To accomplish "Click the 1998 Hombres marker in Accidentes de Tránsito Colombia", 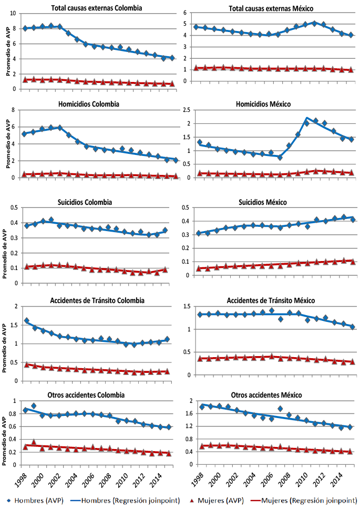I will pyautogui.click(x=26, y=320).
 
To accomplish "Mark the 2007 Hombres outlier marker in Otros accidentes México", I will pyautogui.click(x=280, y=409).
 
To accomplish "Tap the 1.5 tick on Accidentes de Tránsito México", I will pyautogui.click(x=187, y=306).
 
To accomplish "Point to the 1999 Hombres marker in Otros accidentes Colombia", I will pyautogui.click(x=34, y=406).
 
